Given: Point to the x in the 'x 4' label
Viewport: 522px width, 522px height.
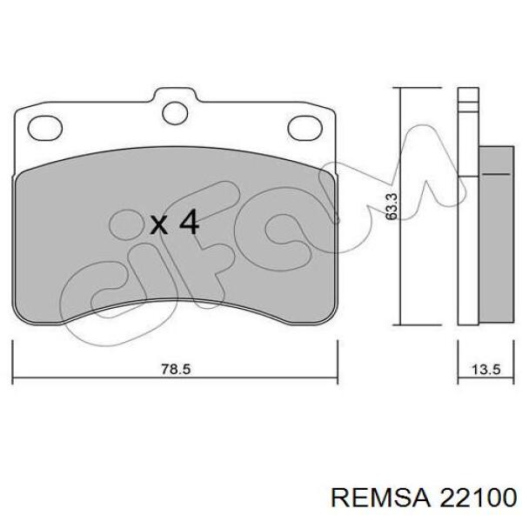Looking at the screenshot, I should click(x=159, y=225).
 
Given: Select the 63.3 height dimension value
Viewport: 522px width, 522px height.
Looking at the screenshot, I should click(x=392, y=206).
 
